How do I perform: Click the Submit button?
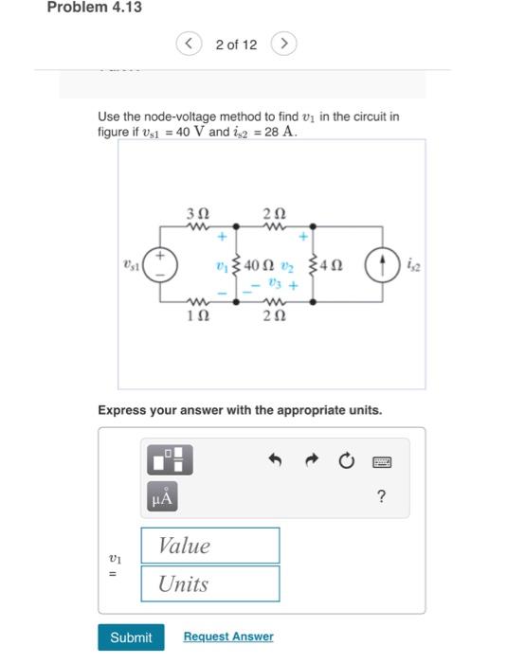pyautogui.click(x=131, y=637)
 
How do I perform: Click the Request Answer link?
pyautogui.click(x=227, y=637)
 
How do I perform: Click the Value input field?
pyautogui.click(x=210, y=546)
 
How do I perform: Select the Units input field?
pyautogui.click(x=210, y=583)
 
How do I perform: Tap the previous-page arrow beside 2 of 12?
pyautogui.click(x=190, y=45)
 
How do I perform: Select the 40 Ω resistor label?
pyautogui.click(x=260, y=265)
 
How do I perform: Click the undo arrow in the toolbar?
pyautogui.click(x=276, y=460)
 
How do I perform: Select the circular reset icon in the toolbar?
pyautogui.click(x=346, y=460)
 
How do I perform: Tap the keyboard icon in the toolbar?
pyautogui.click(x=382, y=460)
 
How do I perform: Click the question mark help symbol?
pyautogui.click(x=382, y=496)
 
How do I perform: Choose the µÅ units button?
pyautogui.click(x=161, y=496)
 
